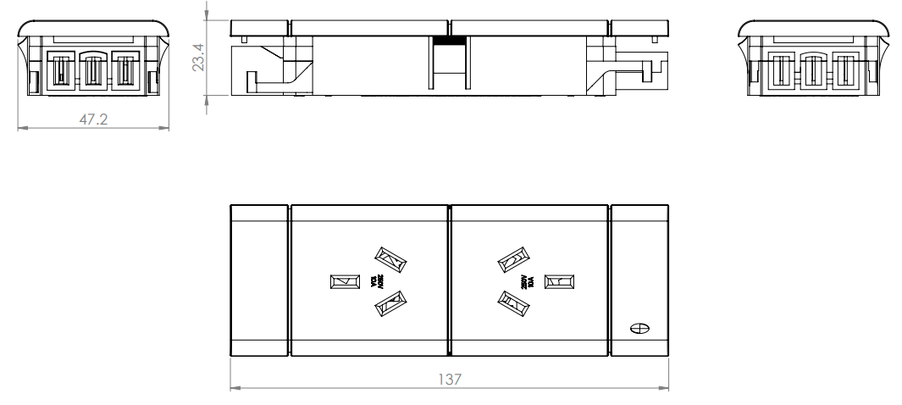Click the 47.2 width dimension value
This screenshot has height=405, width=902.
92,119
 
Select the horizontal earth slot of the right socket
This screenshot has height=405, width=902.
557,280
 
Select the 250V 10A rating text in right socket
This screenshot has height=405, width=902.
528,280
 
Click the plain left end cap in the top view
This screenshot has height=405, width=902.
259,280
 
